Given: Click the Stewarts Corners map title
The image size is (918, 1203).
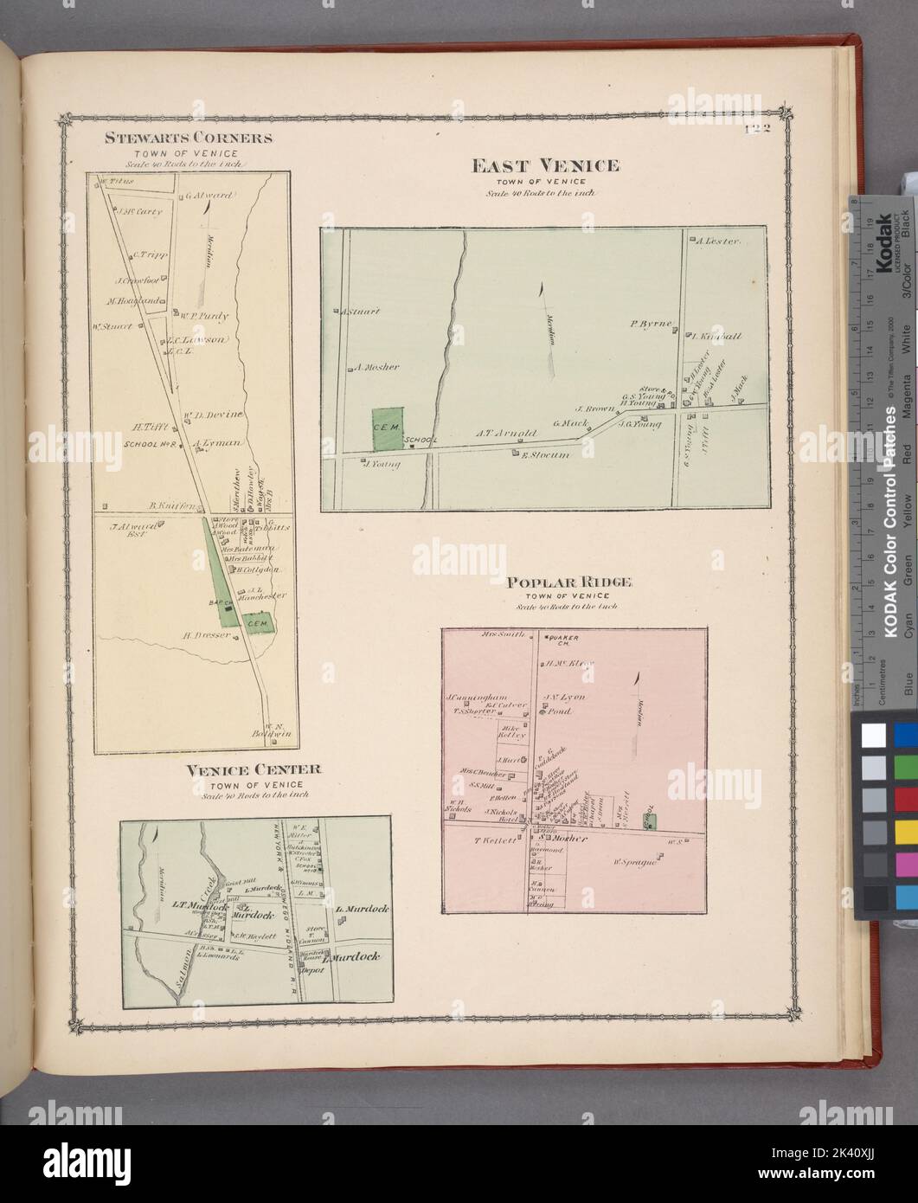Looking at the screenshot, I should point(189,137).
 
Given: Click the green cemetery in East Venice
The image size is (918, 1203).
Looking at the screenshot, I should point(387,429).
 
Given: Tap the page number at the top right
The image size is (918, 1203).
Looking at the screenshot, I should point(758,131).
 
